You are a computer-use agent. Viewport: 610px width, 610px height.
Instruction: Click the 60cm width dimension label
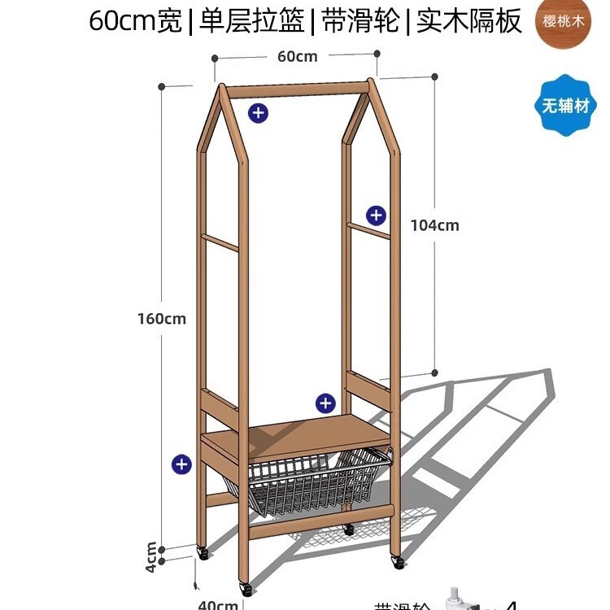click(297, 56)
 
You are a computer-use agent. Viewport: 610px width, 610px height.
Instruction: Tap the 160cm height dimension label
click(161, 318)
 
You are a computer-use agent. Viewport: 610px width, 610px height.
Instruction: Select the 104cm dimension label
click(434, 225)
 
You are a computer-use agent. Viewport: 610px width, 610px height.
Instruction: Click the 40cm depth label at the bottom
click(218, 604)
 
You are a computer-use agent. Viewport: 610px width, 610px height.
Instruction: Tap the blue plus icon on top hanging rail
click(258, 113)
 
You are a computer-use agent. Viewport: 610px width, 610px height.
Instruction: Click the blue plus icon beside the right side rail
click(376, 215)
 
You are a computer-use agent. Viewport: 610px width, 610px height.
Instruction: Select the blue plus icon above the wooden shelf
click(325, 402)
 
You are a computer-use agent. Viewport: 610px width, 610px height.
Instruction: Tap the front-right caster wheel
click(397, 561)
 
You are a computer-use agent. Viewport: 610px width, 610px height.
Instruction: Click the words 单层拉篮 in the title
click(249, 21)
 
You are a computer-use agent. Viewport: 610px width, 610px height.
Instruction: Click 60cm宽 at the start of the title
click(135, 21)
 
